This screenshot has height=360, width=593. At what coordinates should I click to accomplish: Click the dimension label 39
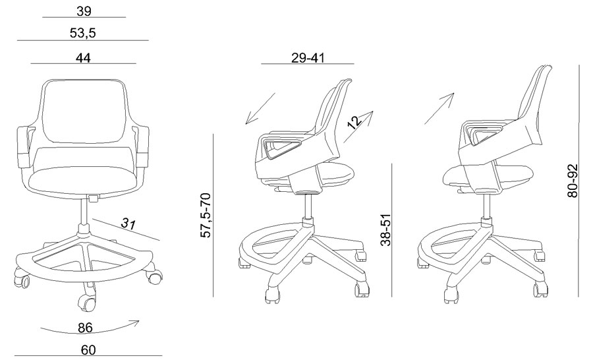tap(84, 11)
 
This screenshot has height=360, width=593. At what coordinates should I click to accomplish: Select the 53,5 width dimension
tap(83, 34)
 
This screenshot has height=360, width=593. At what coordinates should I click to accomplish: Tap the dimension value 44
tap(83, 58)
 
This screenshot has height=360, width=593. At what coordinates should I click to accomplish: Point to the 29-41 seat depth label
tap(308, 58)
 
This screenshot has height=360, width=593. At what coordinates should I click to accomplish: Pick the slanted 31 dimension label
tap(128, 224)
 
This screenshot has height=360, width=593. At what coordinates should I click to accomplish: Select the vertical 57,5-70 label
tap(206, 216)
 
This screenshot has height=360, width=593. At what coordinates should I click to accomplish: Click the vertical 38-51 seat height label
tap(385, 230)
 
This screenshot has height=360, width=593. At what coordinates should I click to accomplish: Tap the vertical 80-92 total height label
tap(573, 181)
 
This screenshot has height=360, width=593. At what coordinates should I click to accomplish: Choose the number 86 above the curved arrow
tap(85, 328)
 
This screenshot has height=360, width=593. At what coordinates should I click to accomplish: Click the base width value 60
tap(88, 350)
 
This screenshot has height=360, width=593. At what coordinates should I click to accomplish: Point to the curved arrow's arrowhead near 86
tap(135, 323)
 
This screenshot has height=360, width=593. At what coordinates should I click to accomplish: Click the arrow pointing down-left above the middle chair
tap(260, 108)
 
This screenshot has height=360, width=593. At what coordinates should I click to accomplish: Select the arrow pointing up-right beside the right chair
tap(439, 108)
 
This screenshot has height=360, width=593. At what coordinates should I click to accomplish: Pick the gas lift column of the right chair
tap(487, 207)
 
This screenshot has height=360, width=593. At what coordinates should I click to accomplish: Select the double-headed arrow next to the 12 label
tap(358, 127)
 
